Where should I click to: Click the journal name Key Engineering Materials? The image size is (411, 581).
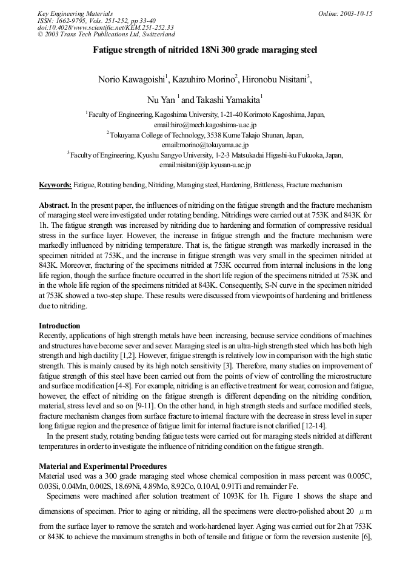coord(75,13)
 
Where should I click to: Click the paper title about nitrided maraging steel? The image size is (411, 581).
coord(205,51)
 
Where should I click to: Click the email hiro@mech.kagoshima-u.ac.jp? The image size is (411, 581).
coord(205,124)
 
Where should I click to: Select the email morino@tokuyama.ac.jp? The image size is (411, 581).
coord(205,145)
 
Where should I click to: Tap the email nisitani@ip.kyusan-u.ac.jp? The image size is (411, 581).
coord(205,165)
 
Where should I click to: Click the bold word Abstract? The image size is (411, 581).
coord(54,205)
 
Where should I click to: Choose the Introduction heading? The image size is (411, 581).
coord(59,325)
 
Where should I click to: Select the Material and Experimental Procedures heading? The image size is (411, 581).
coord(102,466)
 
